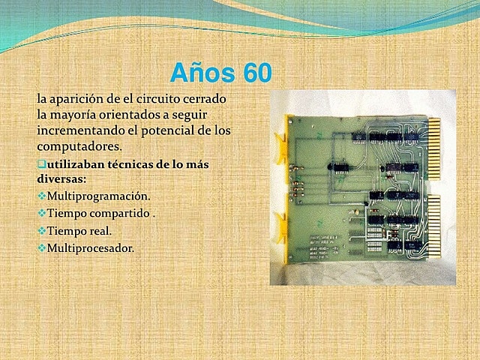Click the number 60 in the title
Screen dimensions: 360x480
(253, 72)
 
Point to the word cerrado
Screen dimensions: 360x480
(205, 98)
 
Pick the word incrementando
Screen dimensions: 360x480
(82, 130)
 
